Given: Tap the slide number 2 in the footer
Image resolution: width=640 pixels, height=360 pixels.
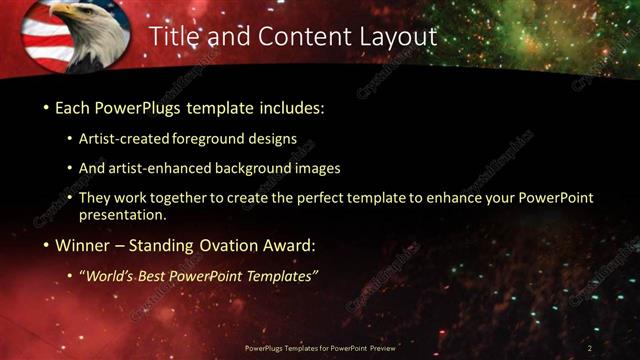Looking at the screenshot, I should tap(590, 347).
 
